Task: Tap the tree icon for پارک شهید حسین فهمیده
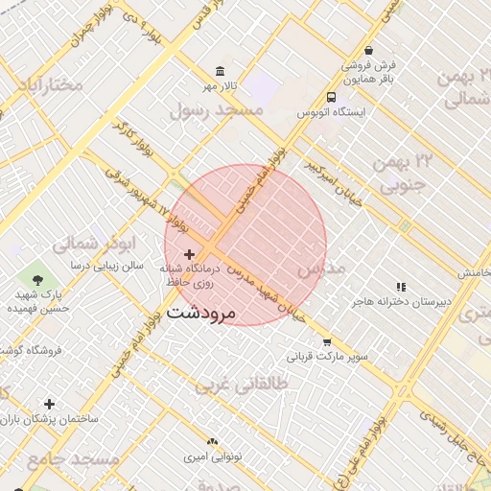pos(37,280)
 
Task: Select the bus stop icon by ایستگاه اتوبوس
pos(331,98)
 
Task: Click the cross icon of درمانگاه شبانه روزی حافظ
pos(189,253)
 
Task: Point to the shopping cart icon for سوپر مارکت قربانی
pos(327,342)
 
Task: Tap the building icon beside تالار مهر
pos(222,72)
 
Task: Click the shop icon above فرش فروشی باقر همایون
pos(369,51)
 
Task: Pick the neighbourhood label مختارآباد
pos(49,85)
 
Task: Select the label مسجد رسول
pos(217,111)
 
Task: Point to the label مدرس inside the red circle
pos(320,270)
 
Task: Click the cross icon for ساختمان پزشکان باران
pos(49,405)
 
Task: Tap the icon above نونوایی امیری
pos(212,441)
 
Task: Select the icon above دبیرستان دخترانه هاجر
pos(402,287)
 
